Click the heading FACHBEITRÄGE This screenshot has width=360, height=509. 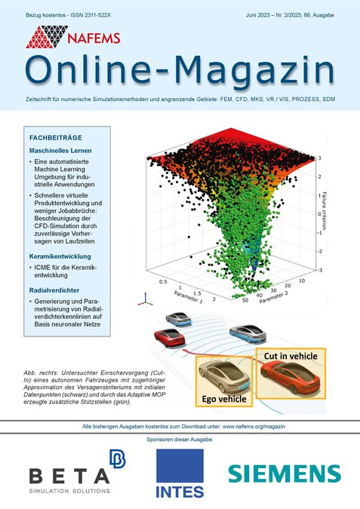(56, 139)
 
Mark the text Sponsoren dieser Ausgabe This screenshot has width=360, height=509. (179, 438)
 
